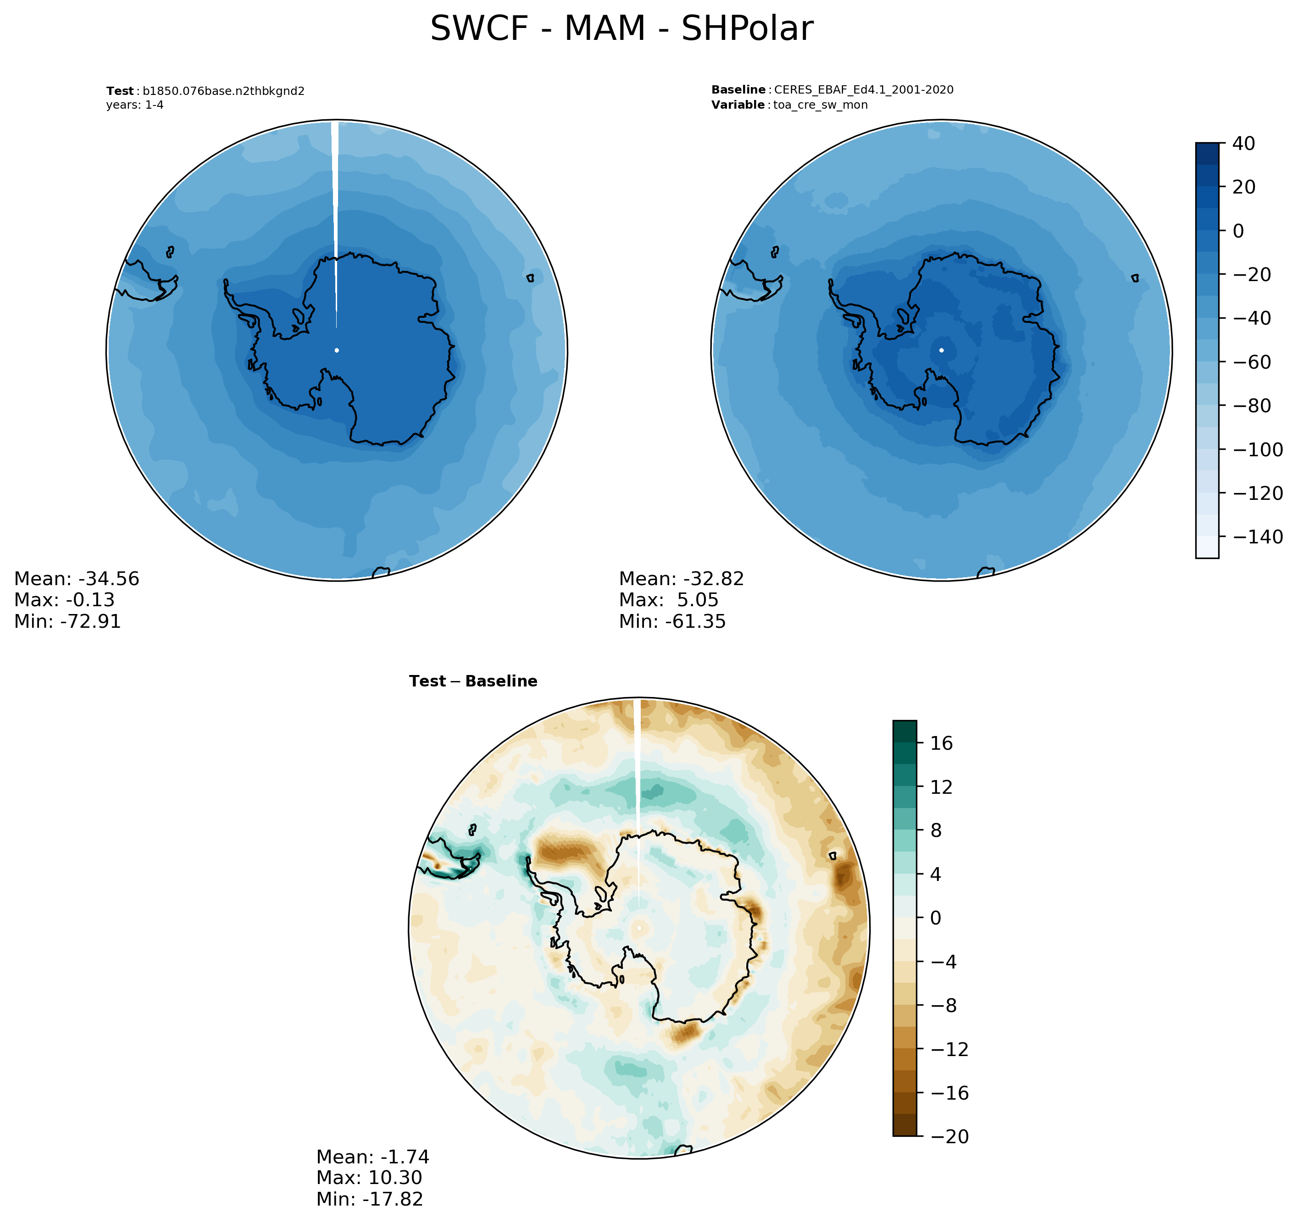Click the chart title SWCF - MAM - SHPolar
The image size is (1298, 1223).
pos(621,29)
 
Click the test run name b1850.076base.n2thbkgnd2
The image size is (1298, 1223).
pos(223,91)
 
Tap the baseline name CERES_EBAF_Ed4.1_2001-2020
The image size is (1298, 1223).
pos(863,89)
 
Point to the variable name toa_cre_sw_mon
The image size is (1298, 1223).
pos(820,105)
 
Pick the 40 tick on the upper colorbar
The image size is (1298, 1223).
pos(1243,144)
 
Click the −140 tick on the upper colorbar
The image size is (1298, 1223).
pos(1257,537)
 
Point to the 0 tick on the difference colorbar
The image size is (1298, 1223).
pos(935,918)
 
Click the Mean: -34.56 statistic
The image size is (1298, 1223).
pos(77,579)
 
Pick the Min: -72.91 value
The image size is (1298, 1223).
pos(67,621)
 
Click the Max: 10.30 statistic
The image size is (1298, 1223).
pos(369,1177)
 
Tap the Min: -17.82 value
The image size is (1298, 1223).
pos(370,1199)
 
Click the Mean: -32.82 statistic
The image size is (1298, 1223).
pos(681,579)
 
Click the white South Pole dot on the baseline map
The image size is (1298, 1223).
pos(941,350)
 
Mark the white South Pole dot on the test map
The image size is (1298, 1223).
pos(336,350)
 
